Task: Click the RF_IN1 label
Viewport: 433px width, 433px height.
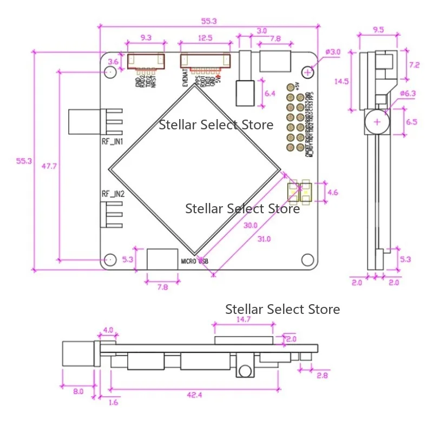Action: pos(113,141)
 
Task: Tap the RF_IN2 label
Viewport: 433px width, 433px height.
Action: pos(113,194)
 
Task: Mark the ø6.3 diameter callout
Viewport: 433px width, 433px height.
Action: pos(406,94)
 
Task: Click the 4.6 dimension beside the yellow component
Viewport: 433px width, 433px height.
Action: pos(333,192)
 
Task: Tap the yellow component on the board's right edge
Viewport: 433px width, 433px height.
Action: pos(299,191)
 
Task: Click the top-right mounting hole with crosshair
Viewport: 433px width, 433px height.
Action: pos(308,71)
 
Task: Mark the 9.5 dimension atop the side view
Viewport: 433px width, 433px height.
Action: pos(379,30)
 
